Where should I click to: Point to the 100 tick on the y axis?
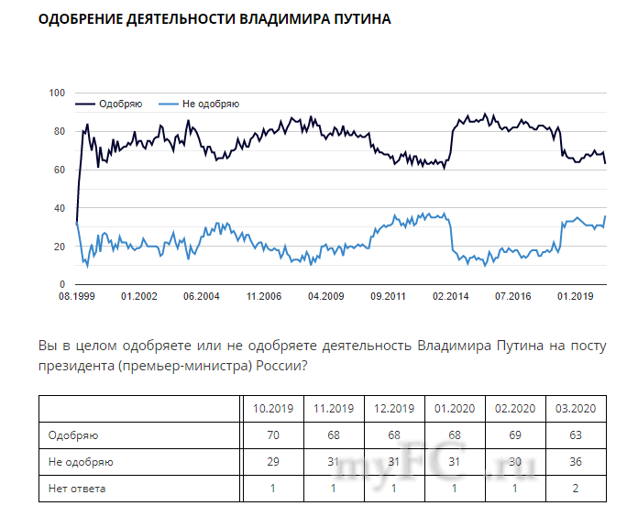[57, 93]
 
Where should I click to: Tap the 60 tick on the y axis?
[60, 170]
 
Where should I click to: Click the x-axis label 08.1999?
[77, 297]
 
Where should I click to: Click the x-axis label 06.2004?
[201, 297]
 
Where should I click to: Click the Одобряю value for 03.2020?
[574, 435]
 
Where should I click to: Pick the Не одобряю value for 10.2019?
[272, 462]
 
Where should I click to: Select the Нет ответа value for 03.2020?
[574, 489]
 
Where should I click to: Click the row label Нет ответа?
[77, 489]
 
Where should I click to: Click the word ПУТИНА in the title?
[361, 18]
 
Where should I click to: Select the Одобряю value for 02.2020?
[513, 435]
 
